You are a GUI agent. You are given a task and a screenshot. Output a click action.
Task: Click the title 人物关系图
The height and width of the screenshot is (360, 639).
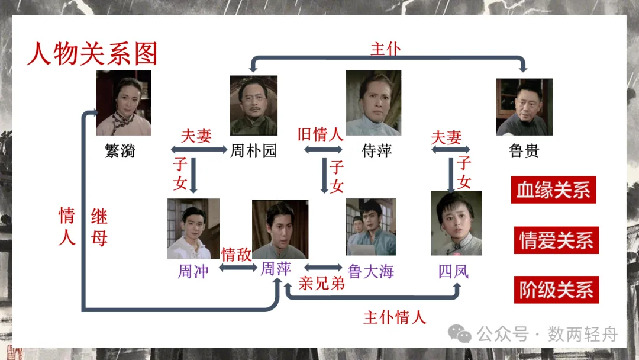pos(92,53)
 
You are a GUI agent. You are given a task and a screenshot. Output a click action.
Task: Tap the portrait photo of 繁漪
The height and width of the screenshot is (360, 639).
pos(124,102)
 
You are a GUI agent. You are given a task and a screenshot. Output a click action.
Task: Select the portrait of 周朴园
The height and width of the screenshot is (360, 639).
pos(253,105)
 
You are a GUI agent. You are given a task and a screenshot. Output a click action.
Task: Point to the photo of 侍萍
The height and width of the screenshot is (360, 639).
pos(373,103)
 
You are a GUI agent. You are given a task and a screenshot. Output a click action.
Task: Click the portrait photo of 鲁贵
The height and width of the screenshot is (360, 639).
pos(524,107)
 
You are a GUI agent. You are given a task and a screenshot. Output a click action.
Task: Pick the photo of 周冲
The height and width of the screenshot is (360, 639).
pos(193,229)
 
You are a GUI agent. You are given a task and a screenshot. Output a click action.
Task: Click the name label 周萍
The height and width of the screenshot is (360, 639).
pos(276,269)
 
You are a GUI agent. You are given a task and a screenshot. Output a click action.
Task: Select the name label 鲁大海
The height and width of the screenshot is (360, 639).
pos(371,271)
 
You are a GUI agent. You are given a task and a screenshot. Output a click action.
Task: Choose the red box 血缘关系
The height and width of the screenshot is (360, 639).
pos(554,190)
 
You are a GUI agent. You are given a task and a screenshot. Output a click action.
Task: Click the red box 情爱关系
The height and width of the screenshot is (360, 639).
pos(556,240)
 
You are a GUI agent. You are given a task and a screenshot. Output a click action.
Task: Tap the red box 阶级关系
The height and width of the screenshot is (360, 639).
pos(556,290)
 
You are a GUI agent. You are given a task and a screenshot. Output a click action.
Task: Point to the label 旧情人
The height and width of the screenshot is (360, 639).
pos(320,134)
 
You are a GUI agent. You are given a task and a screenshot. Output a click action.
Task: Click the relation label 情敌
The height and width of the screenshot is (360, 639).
pos(236,255)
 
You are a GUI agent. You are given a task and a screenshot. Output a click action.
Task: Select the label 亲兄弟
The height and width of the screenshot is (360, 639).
pos(321,283)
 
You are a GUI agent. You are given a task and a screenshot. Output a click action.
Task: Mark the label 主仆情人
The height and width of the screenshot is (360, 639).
pos(395,317)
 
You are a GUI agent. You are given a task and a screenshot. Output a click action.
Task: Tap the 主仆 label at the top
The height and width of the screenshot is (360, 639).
pos(386,49)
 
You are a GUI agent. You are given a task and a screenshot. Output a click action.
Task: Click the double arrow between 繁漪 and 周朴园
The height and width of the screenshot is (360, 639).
pos(198,150)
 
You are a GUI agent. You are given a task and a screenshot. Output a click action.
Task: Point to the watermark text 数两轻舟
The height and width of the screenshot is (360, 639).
pos(582,335)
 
